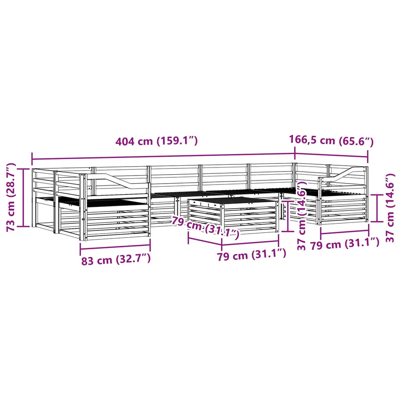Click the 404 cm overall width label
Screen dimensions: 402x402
tap(156, 141)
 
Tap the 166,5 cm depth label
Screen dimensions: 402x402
tap(331, 140)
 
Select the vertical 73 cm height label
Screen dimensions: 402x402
tap(11, 197)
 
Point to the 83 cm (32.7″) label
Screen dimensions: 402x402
tap(116, 260)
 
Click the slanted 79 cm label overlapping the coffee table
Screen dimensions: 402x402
tap(205, 226)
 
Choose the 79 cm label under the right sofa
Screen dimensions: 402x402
tap(345, 244)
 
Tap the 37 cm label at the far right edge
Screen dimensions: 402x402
tap(390, 208)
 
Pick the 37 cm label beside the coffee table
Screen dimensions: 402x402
tap(302, 215)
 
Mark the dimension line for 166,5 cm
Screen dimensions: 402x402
tap(331, 155)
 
